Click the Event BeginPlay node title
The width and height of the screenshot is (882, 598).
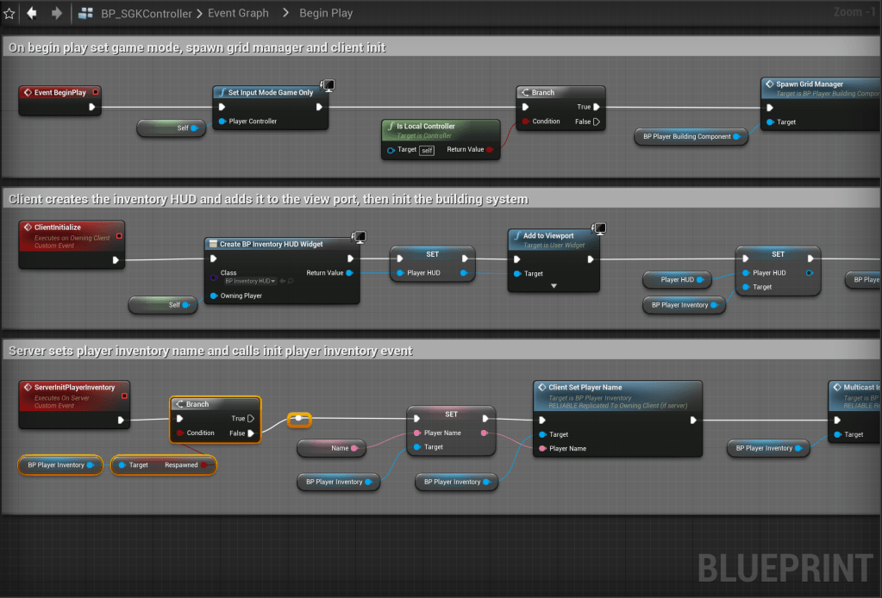point(60,92)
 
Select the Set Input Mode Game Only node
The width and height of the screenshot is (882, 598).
point(271,92)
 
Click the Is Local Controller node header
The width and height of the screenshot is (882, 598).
point(426,126)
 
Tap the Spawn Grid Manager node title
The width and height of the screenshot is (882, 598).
point(810,84)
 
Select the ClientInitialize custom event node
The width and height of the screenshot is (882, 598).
point(58,227)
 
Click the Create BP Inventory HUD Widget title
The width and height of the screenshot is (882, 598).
point(272,244)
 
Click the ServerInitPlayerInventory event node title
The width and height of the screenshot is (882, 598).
point(74,388)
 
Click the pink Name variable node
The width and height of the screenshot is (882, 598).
point(332,448)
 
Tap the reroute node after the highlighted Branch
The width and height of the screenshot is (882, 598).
point(298,419)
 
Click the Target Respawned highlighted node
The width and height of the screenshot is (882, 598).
point(163,465)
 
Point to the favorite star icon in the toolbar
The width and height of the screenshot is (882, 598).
point(9,13)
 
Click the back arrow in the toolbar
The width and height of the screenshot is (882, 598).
point(32,13)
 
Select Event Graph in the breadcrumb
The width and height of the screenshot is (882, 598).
point(239,13)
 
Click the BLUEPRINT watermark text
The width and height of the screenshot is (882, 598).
point(785,569)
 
